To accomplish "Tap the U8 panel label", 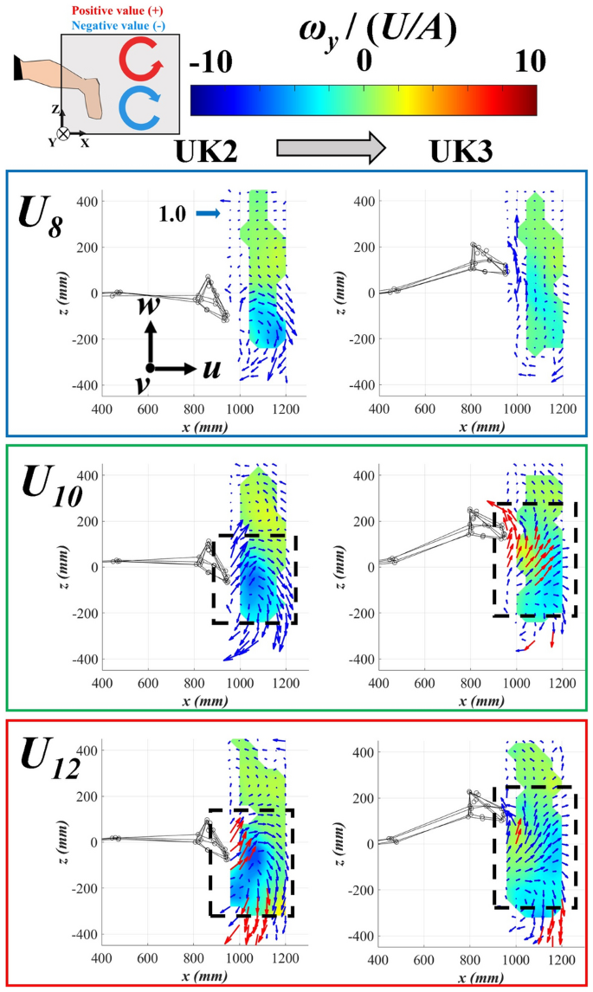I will [x=42, y=211].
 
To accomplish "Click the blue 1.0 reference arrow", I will [x=208, y=211].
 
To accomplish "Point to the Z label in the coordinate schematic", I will [x=55, y=111].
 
